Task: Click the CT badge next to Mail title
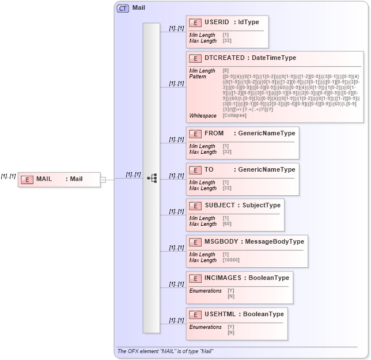pos(123,8)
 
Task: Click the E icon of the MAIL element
pos(26,179)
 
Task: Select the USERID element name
pos(217,22)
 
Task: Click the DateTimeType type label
pos(274,58)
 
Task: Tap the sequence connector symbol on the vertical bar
pos(152,179)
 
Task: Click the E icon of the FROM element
pos(195,134)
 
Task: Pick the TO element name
pos(209,170)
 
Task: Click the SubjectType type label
pos(261,206)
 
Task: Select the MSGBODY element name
pos(219,242)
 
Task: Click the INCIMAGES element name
pos(223,278)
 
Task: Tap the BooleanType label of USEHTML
pos(263,314)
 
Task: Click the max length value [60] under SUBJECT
pos(226,224)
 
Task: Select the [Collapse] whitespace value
pos(234,115)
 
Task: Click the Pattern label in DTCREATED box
pos(198,77)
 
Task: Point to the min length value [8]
pos(225,71)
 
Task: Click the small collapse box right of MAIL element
pos(103,179)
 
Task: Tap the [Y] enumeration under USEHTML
pos(230,327)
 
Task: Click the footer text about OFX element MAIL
pos(165,351)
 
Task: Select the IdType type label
pos(248,22)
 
